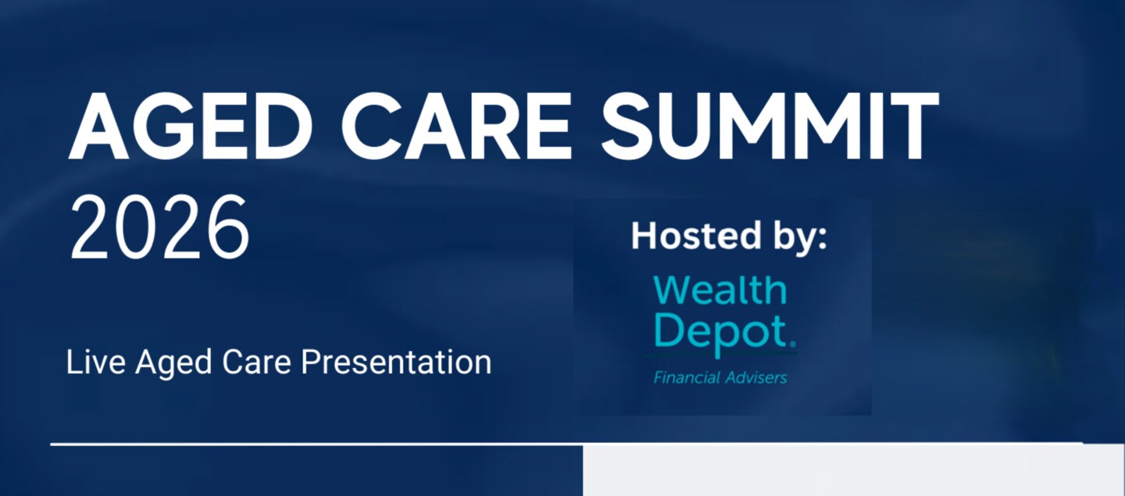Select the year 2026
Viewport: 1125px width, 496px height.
[159, 228]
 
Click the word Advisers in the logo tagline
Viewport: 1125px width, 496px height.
[755, 377]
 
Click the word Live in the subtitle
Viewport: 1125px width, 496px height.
[96, 362]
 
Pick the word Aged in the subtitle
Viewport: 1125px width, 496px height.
[173, 363]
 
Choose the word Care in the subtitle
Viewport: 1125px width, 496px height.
[256, 362]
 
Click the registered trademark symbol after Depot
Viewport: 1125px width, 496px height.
[792, 344]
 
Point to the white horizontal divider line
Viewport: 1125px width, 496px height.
[566, 444]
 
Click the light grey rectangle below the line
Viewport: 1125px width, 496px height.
[854, 470]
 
